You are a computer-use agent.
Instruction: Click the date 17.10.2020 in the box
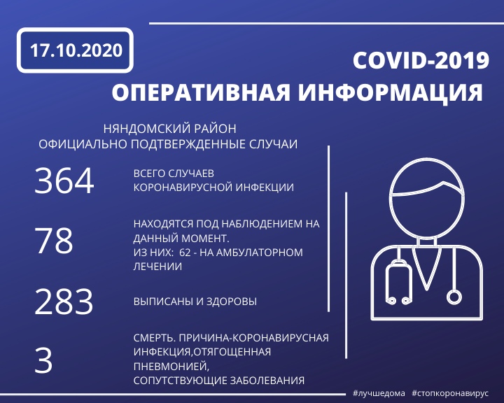pos(76,50)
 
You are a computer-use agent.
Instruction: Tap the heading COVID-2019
pos(421,60)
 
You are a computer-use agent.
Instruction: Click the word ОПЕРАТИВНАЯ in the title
pos(201,92)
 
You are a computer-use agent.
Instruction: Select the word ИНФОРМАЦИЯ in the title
pos(390,93)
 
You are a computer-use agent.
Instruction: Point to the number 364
pos(64,181)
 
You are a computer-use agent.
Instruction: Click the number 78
pos(54,241)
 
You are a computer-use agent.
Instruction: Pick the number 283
pos(64,301)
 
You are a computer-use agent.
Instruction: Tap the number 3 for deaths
pos(43,360)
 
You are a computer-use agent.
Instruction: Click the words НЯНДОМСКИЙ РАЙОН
pos(169,129)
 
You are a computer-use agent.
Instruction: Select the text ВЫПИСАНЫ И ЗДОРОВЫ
pos(195,302)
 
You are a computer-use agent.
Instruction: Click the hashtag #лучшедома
pos(379,393)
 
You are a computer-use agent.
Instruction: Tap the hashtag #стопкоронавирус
pos(450,393)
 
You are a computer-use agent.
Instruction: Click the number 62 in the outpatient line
pos(185,253)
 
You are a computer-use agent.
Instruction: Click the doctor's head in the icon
pos(426,198)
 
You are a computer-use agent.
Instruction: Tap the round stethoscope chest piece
pos(454,297)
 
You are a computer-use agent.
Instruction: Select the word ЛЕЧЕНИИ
pos(157,267)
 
